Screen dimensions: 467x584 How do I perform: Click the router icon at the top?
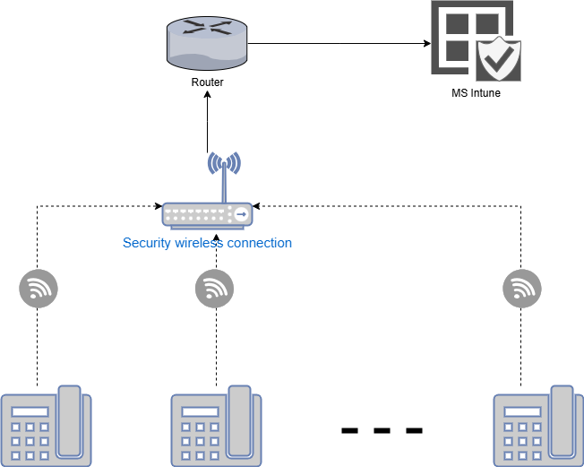[x=207, y=44]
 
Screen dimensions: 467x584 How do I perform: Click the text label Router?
[x=207, y=82]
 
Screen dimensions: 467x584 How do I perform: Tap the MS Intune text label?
[x=476, y=92]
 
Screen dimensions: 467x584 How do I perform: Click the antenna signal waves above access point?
[x=223, y=163]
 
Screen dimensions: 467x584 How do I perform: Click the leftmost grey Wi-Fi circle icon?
[x=38, y=289]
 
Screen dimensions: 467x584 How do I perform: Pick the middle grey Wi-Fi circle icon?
[x=214, y=289]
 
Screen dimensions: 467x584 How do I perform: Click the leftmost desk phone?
[x=46, y=427]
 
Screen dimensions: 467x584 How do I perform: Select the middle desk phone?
[x=216, y=427]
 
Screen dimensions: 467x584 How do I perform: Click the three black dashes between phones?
[x=382, y=431]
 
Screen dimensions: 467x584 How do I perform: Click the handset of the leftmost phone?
[x=71, y=420]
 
